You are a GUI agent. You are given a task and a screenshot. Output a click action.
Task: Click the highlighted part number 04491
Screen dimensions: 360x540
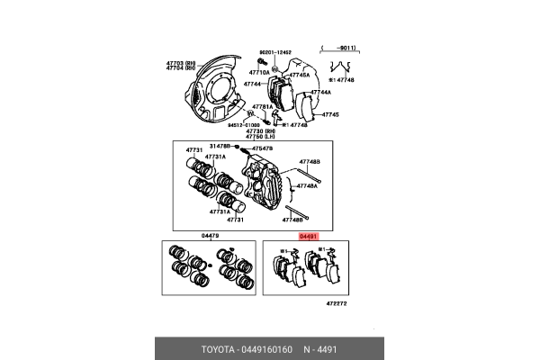point(309,235)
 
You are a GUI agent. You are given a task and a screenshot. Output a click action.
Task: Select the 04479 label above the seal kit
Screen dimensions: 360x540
point(211,236)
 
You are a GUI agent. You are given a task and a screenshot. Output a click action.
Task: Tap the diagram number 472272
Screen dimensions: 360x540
point(337,304)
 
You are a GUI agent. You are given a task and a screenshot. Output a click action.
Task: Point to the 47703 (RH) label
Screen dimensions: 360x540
point(180,61)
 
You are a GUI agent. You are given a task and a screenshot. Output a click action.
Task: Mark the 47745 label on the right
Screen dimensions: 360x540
point(330,115)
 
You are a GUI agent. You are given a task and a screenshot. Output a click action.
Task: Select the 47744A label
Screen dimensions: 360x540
point(321,92)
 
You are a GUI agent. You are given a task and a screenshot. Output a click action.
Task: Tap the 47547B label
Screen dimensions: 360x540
point(262,146)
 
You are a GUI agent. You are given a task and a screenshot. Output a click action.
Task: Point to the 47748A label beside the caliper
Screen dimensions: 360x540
point(307,185)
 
